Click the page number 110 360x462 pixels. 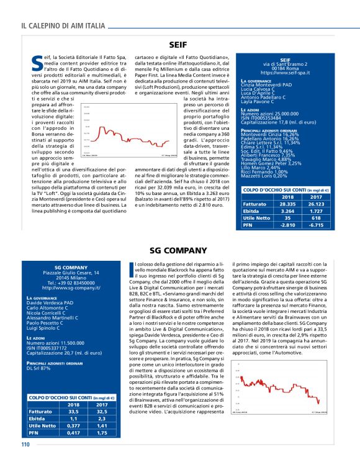[25, 444]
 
